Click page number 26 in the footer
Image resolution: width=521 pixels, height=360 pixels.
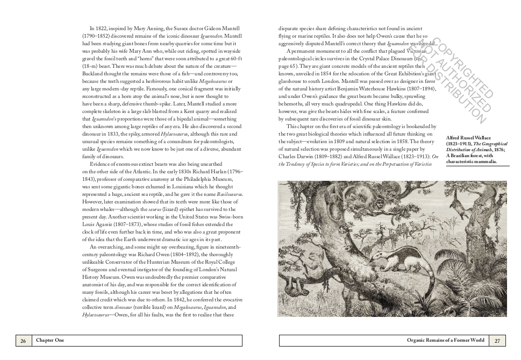coord(23,340)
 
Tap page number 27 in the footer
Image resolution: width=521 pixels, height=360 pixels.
coord(497,340)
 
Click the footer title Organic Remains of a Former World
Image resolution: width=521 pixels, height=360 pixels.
coord(446,340)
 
